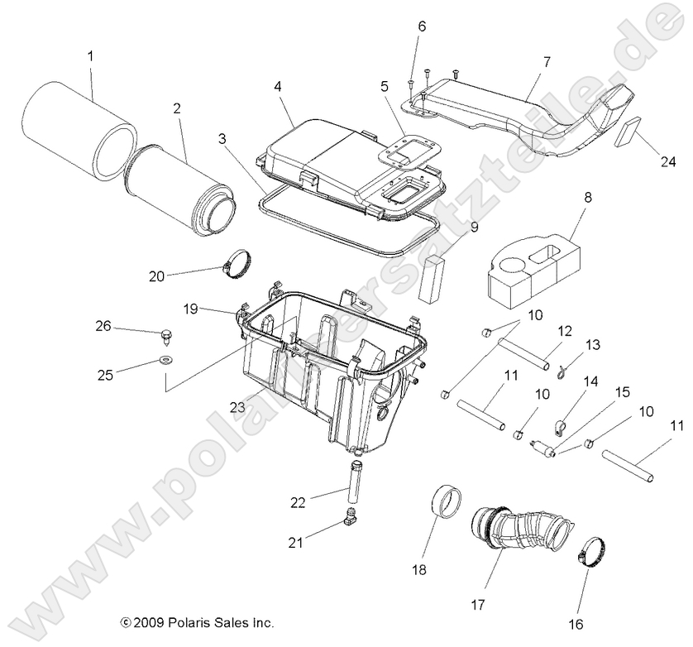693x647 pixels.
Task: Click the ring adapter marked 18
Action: pos(447,504)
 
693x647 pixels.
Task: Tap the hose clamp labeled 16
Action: pos(593,552)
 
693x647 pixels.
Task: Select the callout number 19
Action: pos(189,309)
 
